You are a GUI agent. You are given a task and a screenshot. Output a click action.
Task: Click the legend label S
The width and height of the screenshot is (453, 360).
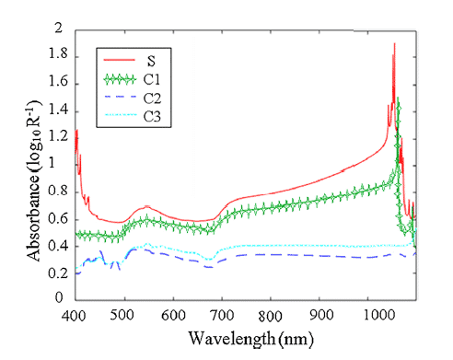coord(151,61)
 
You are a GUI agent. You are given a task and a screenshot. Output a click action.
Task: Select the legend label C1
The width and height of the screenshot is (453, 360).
coord(152,79)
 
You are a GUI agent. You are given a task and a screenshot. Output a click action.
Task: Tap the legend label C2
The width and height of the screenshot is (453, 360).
coord(152,99)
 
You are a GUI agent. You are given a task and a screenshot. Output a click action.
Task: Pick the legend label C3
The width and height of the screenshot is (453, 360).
coord(152,117)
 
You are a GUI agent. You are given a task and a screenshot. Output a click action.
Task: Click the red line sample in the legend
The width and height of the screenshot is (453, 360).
coord(120,60)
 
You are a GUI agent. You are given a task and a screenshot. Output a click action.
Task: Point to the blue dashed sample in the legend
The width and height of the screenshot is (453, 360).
coord(121,97)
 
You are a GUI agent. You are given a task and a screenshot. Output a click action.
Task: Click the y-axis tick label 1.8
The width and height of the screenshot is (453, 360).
coord(58,53)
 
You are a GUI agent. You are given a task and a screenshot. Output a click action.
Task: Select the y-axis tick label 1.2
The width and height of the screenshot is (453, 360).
coord(58,135)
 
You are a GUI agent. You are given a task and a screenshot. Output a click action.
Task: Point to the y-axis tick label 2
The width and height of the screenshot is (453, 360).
coord(58,28)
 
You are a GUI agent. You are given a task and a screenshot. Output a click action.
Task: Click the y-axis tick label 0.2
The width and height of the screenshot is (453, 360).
coord(57,273)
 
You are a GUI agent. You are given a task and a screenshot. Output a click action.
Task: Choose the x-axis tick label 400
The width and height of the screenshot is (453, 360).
coord(74,315)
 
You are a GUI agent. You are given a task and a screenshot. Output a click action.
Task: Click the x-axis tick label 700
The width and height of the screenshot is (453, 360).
coord(222,315)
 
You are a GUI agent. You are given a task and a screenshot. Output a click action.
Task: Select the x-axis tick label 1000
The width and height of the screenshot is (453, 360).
coord(378,315)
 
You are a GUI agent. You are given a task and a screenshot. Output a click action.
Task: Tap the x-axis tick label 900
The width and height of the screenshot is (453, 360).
coord(321,315)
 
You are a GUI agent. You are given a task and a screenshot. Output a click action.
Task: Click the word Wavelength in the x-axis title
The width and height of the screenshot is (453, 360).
coord(232,339)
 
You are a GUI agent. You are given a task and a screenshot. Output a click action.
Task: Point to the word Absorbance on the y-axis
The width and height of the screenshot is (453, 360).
coord(33,218)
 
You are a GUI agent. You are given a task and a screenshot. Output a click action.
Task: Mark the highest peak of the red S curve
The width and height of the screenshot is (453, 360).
coord(394,43)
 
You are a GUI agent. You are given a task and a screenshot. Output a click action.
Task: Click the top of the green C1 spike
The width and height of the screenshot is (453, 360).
coord(398,98)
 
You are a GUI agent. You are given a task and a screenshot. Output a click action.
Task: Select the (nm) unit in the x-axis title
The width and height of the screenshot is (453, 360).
coord(296,340)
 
